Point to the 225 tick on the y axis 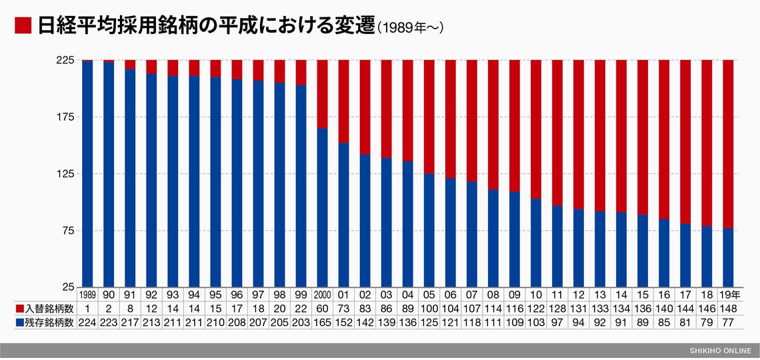click(x=65, y=60)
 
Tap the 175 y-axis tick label click(x=65, y=117)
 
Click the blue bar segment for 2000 click(x=322, y=207)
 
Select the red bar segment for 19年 click(x=728, y=143)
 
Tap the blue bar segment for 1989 click(x=87, y=173)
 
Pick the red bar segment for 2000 click(x=322, y=93)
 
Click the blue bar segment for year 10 click(x=535, y=243)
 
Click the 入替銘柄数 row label click(x=44, y=308)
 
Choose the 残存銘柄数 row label click(x=44, y=322)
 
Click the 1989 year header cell click(x=87, y=294)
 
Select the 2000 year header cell click(x=322, y=294)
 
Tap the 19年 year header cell click(x=728, y=294)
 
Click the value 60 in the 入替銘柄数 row click(x=322, y=308)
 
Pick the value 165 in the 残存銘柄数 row click(x=322, y=322)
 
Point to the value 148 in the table click(x=728, y=308)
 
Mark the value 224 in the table click(x=87, y=322)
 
